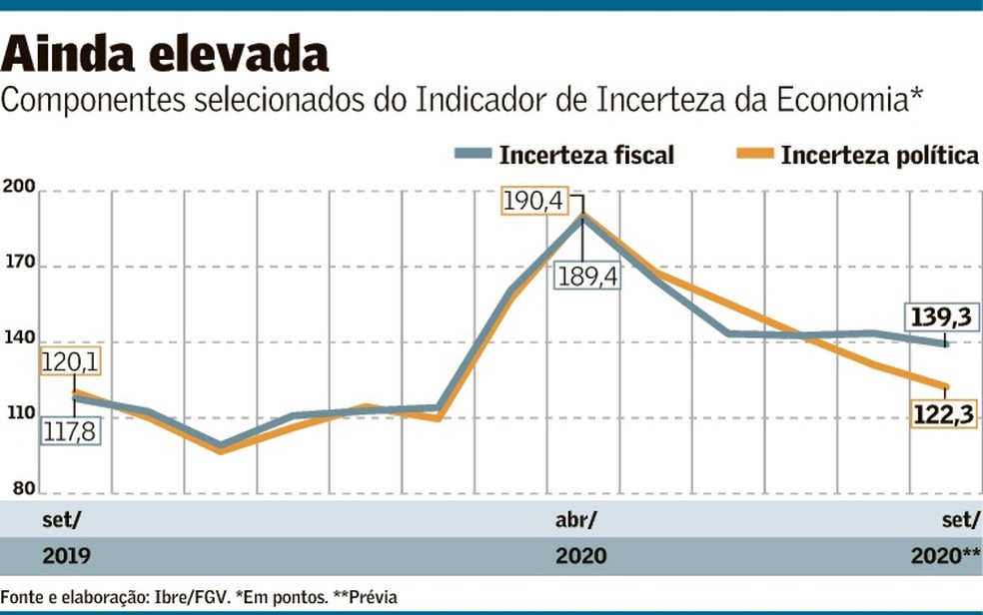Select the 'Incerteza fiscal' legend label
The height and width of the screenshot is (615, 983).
587,155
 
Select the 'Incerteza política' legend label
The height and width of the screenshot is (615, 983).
879,155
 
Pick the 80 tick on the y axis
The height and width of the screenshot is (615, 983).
23,489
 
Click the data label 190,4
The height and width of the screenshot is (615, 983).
534,203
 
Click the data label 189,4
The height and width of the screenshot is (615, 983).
587,276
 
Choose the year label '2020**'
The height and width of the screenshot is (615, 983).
945,556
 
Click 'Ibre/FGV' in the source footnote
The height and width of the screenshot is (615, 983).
188,597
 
